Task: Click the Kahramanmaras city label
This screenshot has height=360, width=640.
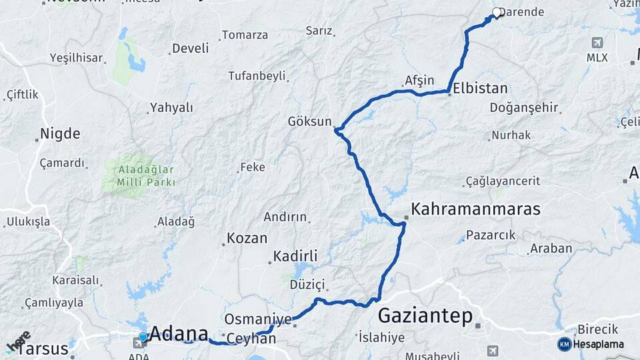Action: pyautogui.click(x=475, y=209)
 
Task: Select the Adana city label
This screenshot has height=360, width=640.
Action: pyautogui.click(x=179, y=333)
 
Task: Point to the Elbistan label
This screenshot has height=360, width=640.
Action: pyautogui.click(x=480, y=88)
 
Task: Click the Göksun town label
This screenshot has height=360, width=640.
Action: pyautogui.click(x=309, y=121)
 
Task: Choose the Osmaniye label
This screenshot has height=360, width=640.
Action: pyautogui.click(x=258, y=319)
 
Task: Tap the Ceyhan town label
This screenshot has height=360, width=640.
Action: pyautogui.click(x=251, y=339)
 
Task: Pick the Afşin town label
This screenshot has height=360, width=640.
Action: pyautogui.click(x=419, y=81)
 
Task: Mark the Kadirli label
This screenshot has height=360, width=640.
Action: pyautogui.click(x=295, y=256)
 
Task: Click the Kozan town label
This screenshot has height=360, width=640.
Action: pyautogui.click(x=247, y=238)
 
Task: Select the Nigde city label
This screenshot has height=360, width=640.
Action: pyautogui.click(x=60, y=133)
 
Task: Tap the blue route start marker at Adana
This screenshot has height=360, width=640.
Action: pyautogui.click(x=143, y=337)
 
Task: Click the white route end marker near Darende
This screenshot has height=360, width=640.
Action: pyautogui.click(x=497, y=12)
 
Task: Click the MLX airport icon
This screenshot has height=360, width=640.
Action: pyautogui.click(x=597, y=43)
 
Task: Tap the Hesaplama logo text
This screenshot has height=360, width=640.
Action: pyautogui.click(x=599, y=344)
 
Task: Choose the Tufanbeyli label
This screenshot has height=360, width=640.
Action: pyautogui.click(x=257, y=76)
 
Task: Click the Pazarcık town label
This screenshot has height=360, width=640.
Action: pyautogui.click(x=491, y=235)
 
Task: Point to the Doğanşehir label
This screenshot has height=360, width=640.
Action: pyautogui.click(x=524, y=108)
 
